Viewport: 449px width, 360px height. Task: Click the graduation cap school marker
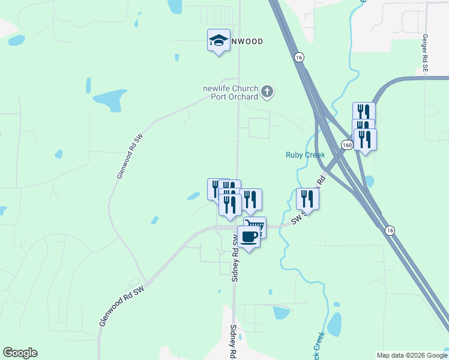click(218, 41)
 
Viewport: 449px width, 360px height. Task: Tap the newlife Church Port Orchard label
click(230, 92)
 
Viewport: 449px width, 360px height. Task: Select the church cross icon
click(268, 92)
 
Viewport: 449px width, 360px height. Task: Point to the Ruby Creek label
click(305, 155)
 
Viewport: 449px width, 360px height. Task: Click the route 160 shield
click(346, 145)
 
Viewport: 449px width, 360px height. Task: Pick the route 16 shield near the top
click(299, 57)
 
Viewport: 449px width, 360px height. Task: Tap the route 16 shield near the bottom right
click(390, 230)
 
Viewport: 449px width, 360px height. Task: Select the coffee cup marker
click(249, 236)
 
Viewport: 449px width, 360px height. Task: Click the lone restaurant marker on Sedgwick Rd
click(307, 199)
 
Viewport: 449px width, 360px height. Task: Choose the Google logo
click(20, 353)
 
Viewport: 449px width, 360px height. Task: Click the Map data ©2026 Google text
click(412, 355)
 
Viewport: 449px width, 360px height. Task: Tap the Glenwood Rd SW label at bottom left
click(122, 310)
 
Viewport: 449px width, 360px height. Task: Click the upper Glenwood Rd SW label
click(130, 156)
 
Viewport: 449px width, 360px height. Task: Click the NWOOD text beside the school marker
click(247, 41)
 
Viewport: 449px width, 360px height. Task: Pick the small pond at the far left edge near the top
click(16, 40)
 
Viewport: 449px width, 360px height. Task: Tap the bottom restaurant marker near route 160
click(365, 139)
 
